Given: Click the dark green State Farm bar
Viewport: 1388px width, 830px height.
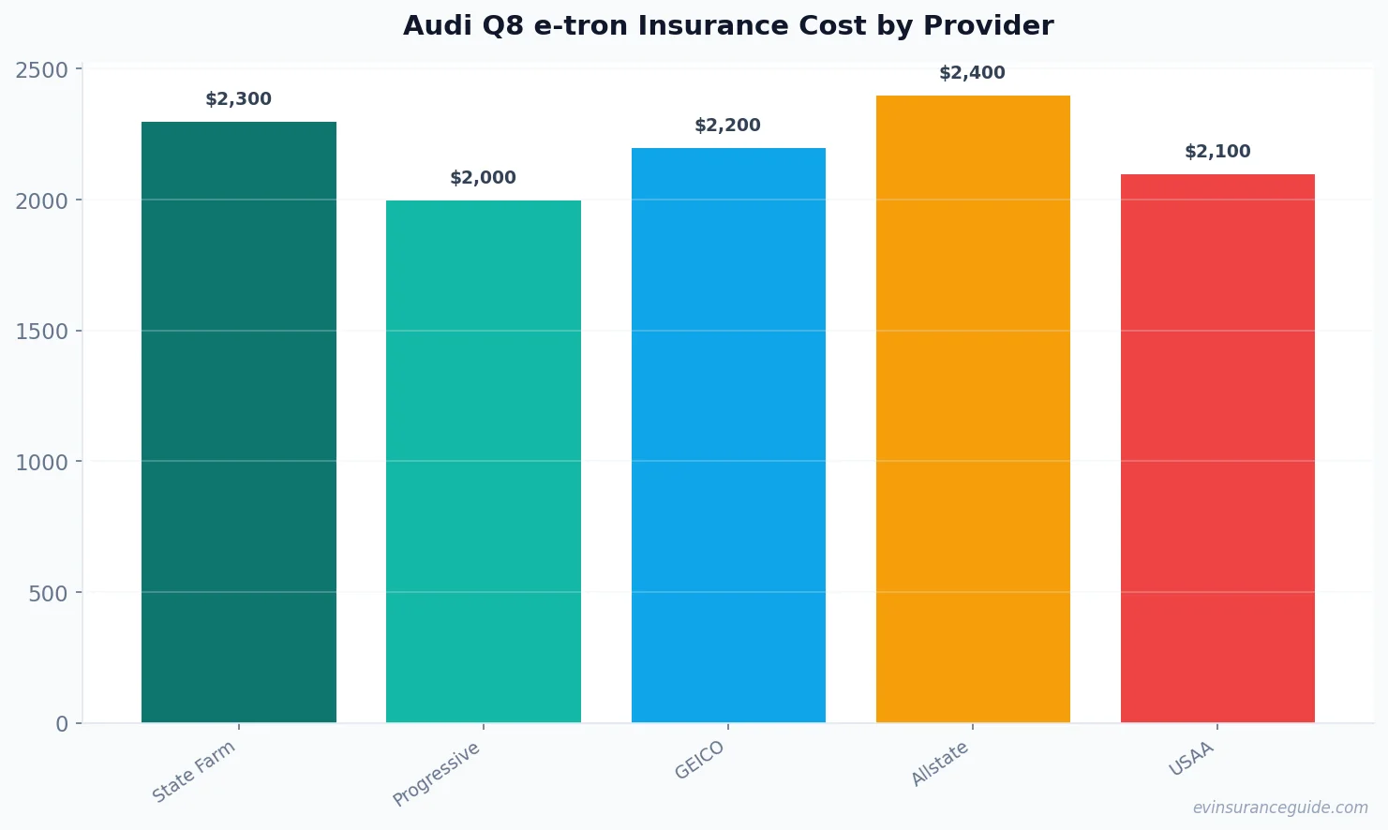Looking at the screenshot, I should click(x=239, y=422).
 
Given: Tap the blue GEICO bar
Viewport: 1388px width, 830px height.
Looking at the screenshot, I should click(x=728, y=435).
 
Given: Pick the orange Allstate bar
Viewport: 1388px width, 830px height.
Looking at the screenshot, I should click(x=973, y=408).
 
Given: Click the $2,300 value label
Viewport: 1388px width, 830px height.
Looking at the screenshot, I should click(x=239, y=99).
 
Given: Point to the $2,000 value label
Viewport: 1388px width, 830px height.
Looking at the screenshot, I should click(x=484, y=178).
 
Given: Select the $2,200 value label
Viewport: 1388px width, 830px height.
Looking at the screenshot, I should click(x=728, y=126).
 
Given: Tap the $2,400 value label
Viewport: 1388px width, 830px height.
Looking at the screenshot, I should click(x=973, y=73).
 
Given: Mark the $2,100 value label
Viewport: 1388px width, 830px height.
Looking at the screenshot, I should click(x=1217, y=152).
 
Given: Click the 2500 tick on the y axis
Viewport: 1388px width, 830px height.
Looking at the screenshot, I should click(x=42, y=70).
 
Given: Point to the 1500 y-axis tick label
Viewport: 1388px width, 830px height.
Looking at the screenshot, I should click(x=42, y=332).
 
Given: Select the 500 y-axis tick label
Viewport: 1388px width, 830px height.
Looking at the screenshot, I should click(x=49, y=593).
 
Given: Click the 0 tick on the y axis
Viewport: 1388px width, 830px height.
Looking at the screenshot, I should click(x=62, y=724).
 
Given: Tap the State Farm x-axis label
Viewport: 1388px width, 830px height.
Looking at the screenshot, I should click(x=194, y=771).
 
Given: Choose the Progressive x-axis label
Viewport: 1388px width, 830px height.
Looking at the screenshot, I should click(x=437, y=774).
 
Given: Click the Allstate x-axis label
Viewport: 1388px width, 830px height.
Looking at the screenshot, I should click(x=940, y=763).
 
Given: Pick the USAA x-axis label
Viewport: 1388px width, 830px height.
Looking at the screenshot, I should click(x=1191, y=759).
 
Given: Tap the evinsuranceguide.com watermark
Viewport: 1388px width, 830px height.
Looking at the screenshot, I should click(x=1280, y=808).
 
